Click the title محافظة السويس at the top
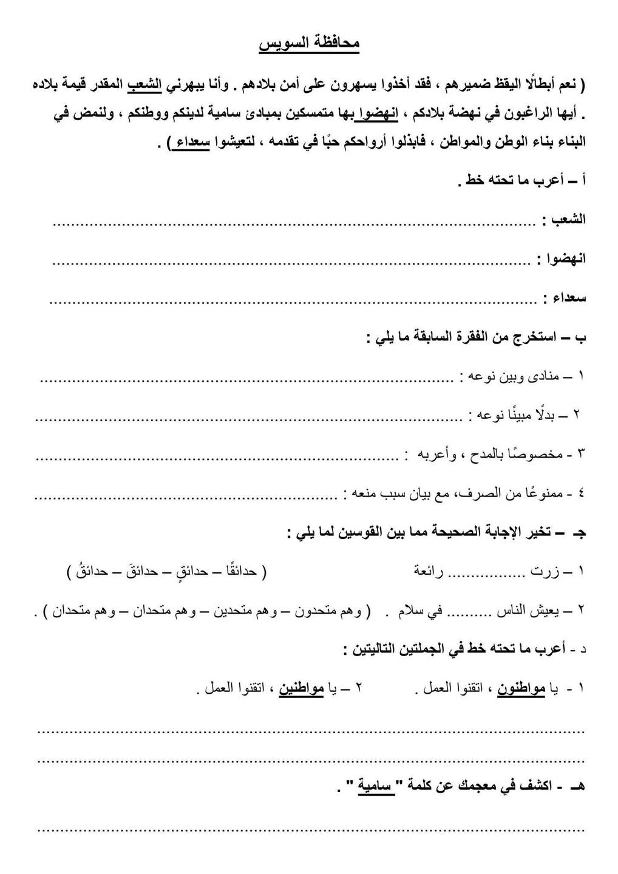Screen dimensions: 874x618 click(x=310, y=44)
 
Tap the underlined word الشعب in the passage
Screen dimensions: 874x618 click(x=146, y=85)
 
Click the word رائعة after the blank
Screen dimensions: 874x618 click(x=429, y=571)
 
